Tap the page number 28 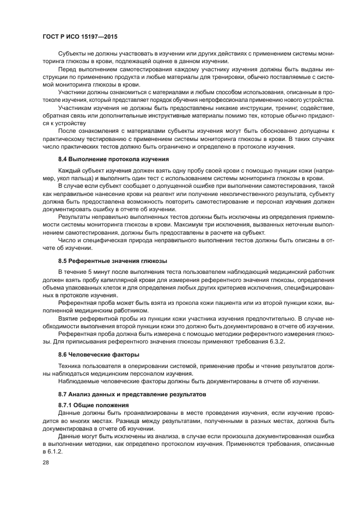(46, 462)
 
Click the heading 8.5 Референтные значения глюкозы (112, 261)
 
